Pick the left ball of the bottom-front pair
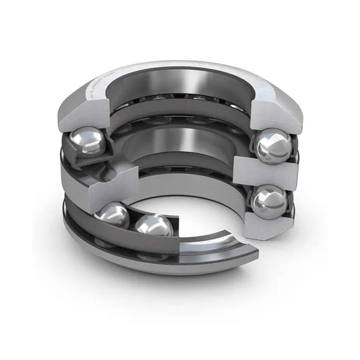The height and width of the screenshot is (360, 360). (x=114, y=216)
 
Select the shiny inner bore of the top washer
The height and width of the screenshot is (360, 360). (x=180, y=84)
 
